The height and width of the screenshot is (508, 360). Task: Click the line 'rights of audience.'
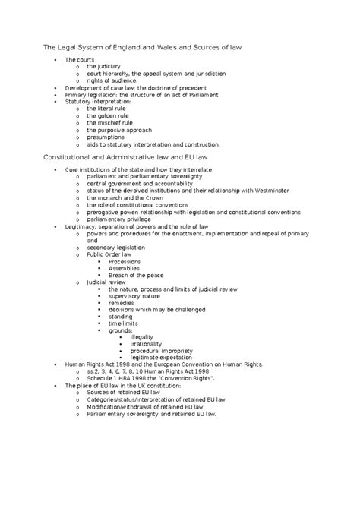point(113,81)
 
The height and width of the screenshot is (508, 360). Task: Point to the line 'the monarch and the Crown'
point(125,197)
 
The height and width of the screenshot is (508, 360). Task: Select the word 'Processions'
point(125,261)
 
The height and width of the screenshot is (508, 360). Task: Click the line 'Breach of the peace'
point(135,275)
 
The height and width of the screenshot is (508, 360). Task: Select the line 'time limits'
point(124,323)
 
